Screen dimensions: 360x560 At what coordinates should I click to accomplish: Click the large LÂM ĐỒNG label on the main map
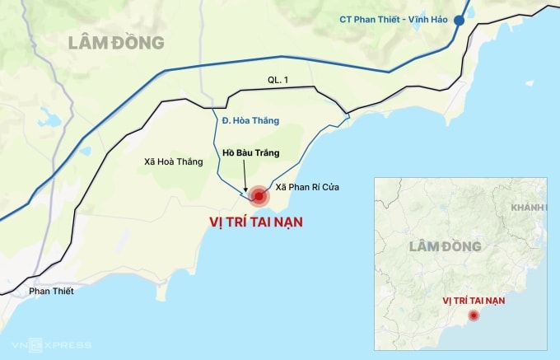pyautogui.click(x=116, y=42)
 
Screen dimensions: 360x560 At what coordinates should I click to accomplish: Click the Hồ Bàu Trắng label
pyautogui.click(x=251, y=153)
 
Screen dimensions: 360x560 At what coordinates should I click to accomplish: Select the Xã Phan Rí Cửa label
pyautogui.click(x=307, y=188)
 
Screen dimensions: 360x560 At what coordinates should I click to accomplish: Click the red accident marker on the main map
pyautogui.click(x=259, y=196)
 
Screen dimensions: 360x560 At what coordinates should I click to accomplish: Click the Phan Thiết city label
pyautogui.click(x=51, y=291)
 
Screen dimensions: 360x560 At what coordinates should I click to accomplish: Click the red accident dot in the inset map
pyautogui.click(x=474, y=316)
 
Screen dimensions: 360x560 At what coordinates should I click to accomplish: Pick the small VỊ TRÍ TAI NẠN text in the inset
pyautogui.click(x=473, y=300)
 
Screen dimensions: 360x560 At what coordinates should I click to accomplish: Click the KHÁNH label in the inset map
pyautogui.click(x=527, y=208)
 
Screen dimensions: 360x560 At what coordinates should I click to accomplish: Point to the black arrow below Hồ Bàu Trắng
pyautogui.click(x=246, y=175)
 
